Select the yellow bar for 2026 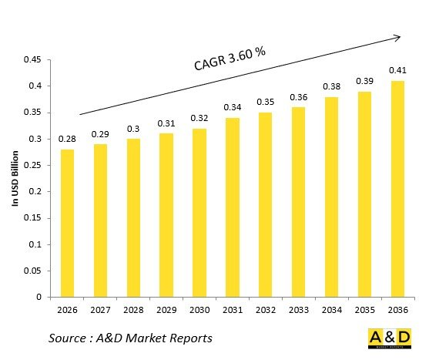(68, 223)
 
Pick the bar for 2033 (298, 201)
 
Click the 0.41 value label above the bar (397, 71)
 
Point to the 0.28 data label (68, 139)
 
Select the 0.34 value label (232, 107)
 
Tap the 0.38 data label (331, 86)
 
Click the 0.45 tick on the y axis (32, 59)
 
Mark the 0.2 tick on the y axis (35, 191)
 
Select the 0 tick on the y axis (39, 297)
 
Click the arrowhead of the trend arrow (397, 35)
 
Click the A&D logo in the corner (389, 338)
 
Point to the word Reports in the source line (190, 338)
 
